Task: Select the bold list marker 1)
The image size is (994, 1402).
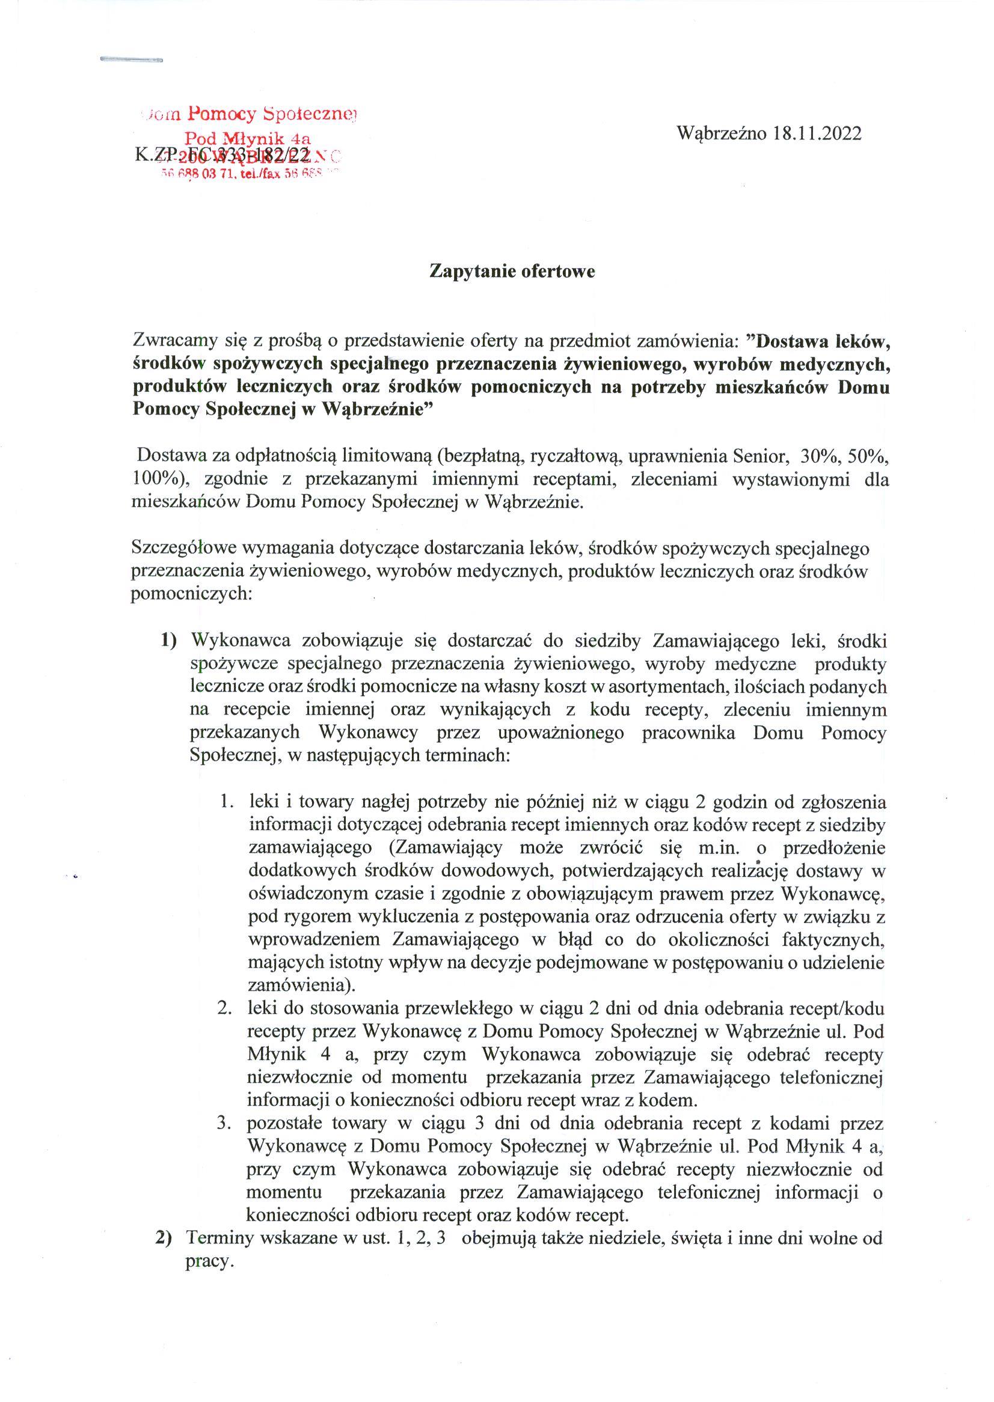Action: [x=168, y=641]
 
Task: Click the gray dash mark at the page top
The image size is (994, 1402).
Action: [x=131, y=60]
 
